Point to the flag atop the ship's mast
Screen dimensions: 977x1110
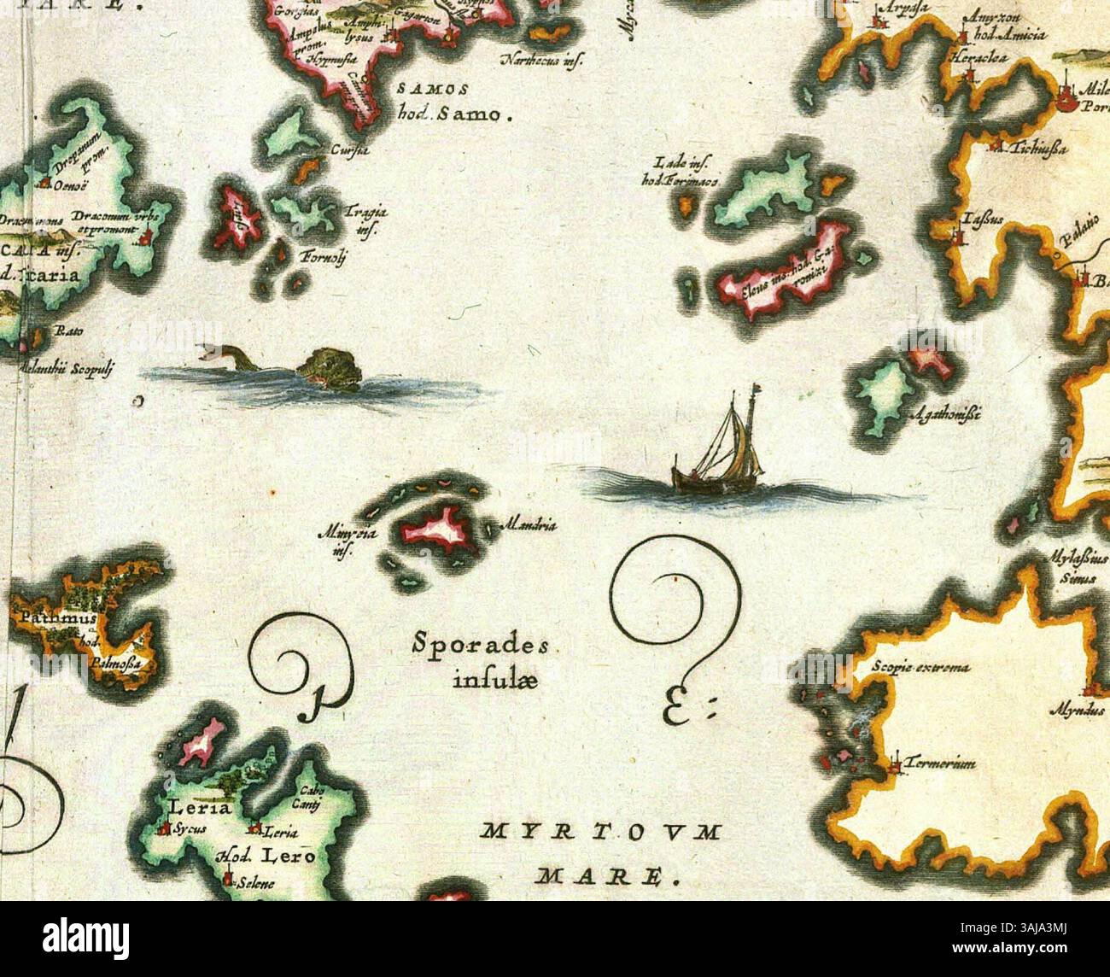tap(754, 393)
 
